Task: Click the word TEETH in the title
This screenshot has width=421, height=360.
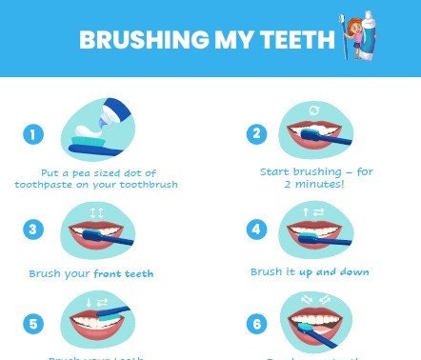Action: pos(300,40)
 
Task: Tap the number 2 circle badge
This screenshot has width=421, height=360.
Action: pos(256,133)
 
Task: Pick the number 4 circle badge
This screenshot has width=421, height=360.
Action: pos(256,230)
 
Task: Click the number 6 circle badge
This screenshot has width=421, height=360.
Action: pos(256,324)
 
